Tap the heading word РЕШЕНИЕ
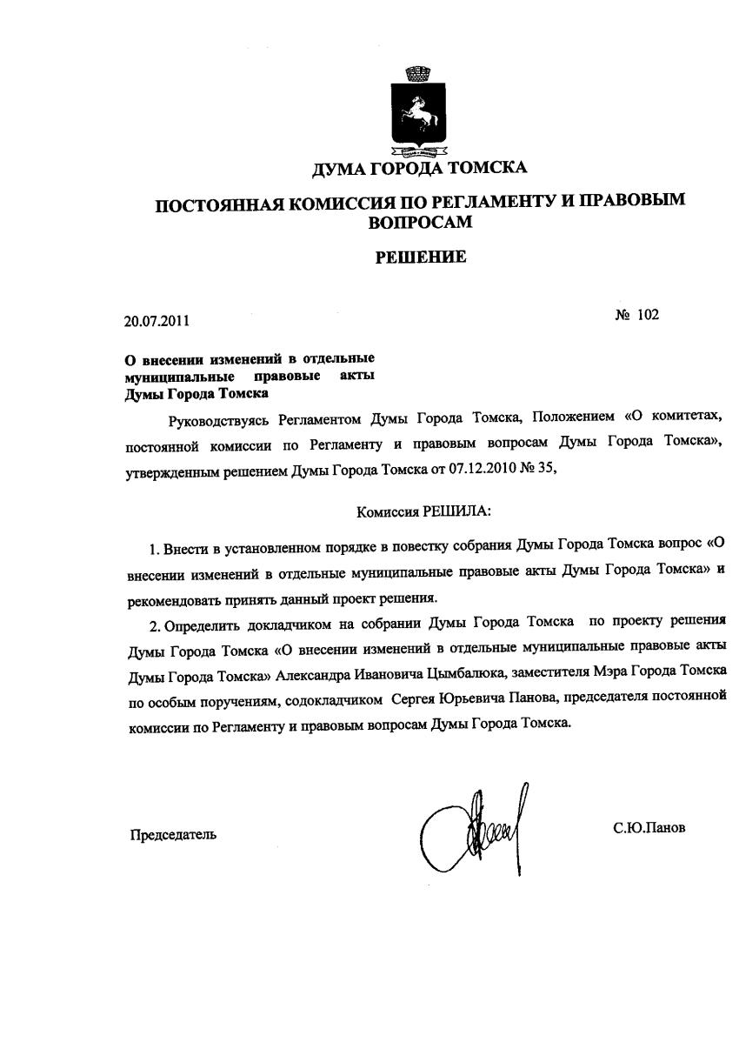[421, 257]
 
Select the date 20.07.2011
[156, 321]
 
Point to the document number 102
[648, 315]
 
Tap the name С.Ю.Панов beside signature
[649, 828]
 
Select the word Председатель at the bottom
[173, 835]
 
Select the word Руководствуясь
[218, 421]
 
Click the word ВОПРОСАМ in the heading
[421, 222]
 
